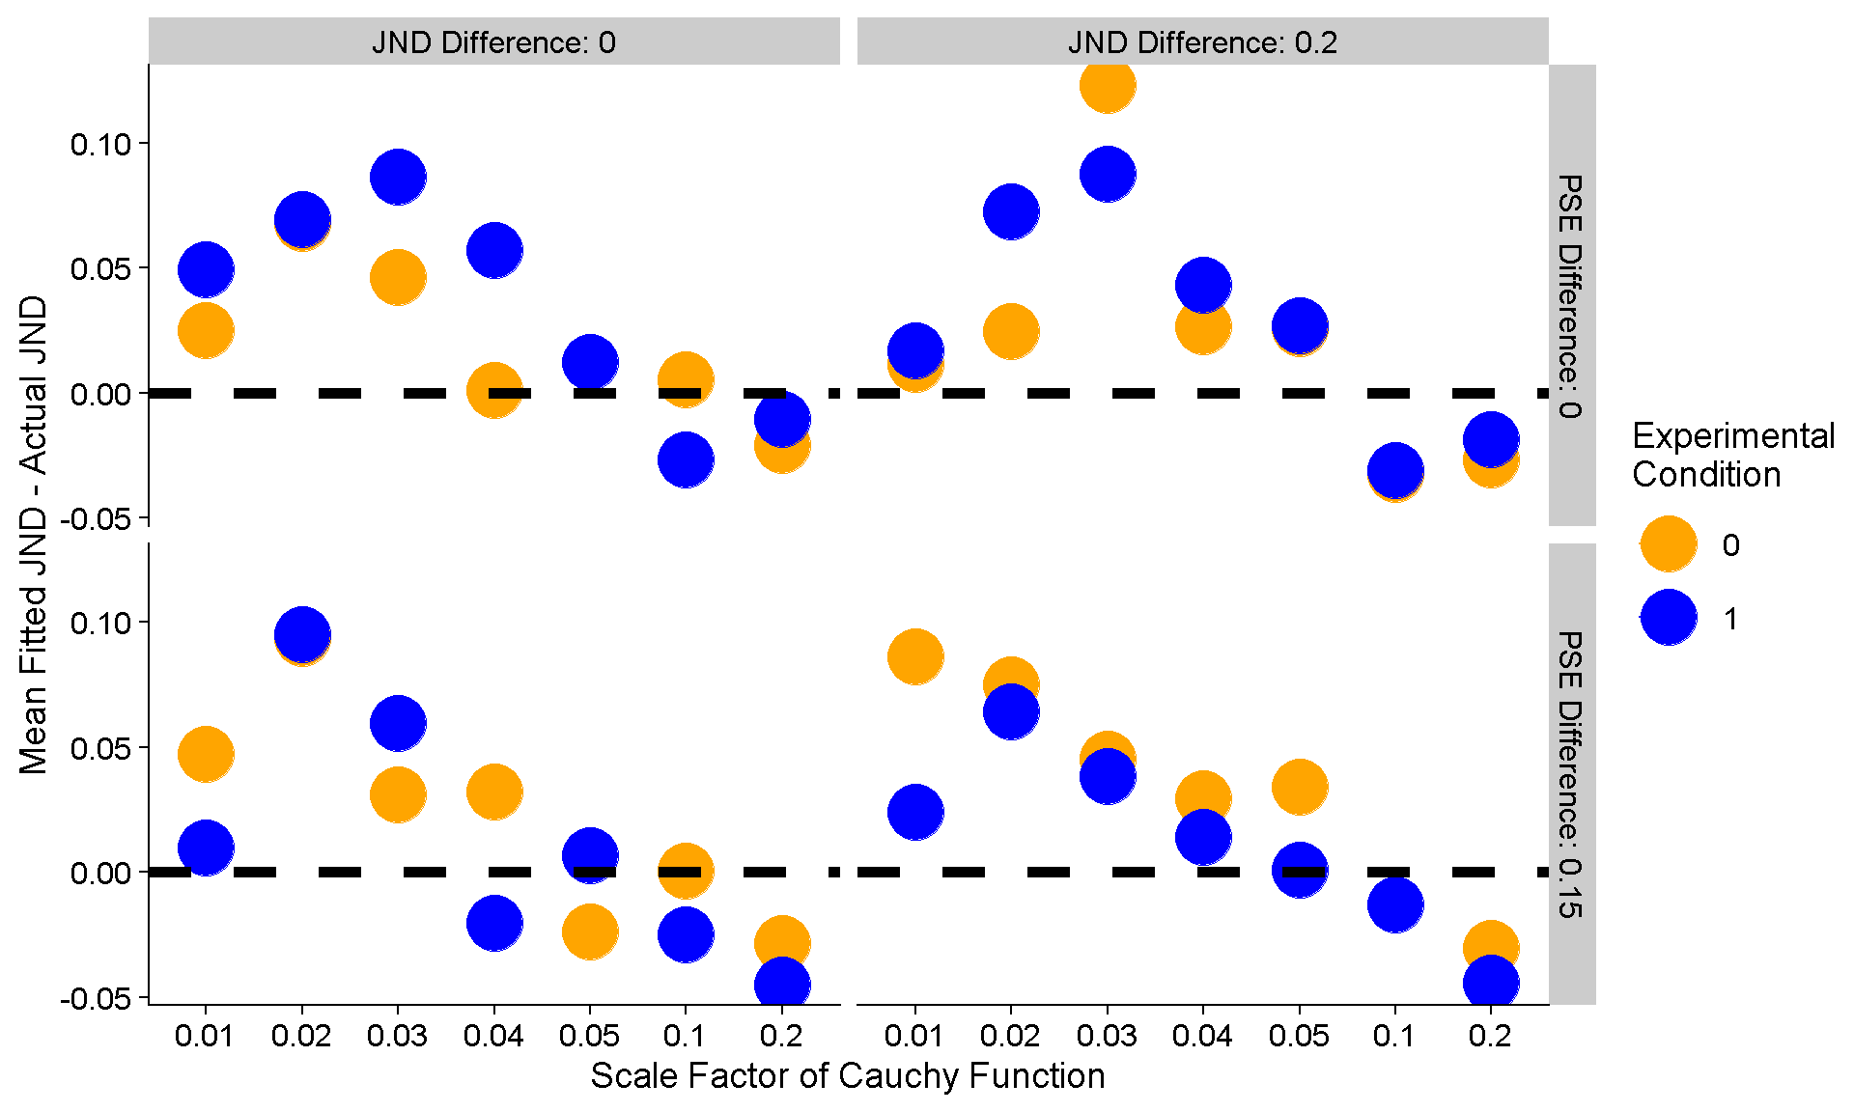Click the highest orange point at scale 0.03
click(1108, 85)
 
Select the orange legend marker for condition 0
click(1669, 544)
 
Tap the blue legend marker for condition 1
click(1669, 618)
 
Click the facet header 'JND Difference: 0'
click(493, 42)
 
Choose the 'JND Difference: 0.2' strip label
click(1202, 42)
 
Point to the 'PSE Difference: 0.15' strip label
click(1571, 774)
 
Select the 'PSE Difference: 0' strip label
click(1571, 295)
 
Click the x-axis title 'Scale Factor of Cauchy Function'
click(848, 1075)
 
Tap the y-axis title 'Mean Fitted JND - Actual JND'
click(34, 535)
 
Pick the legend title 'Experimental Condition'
click(1732, 455)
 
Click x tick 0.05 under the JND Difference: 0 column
click(589, 1037)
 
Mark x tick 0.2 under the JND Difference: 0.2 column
click(1490, 1037)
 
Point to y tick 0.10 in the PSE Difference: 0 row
click(100, 145)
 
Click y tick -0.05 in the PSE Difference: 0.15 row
click(95, 998)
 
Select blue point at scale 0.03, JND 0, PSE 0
click(398, 177)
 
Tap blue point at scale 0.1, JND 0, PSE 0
click(686, 459)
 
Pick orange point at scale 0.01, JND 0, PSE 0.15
click(206, 754)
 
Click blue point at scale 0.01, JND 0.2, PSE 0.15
click(914, 811)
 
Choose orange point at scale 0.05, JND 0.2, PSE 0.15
click(1299, 787)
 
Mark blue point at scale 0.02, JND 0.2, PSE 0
click(1011, 211)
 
